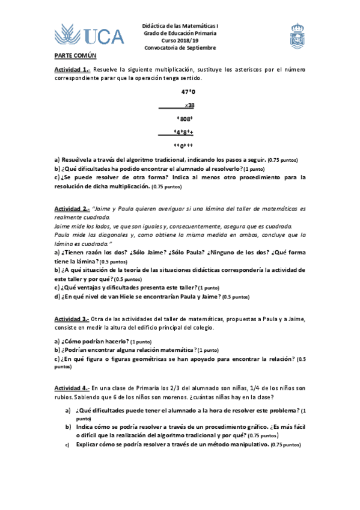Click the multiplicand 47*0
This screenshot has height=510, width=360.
(188, 92)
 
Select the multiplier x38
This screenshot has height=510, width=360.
(189, 105)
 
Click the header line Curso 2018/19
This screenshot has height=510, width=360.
(180, 40)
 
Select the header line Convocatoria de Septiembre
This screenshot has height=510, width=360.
(180, 48)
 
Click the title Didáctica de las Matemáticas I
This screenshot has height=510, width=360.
(180, 26)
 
